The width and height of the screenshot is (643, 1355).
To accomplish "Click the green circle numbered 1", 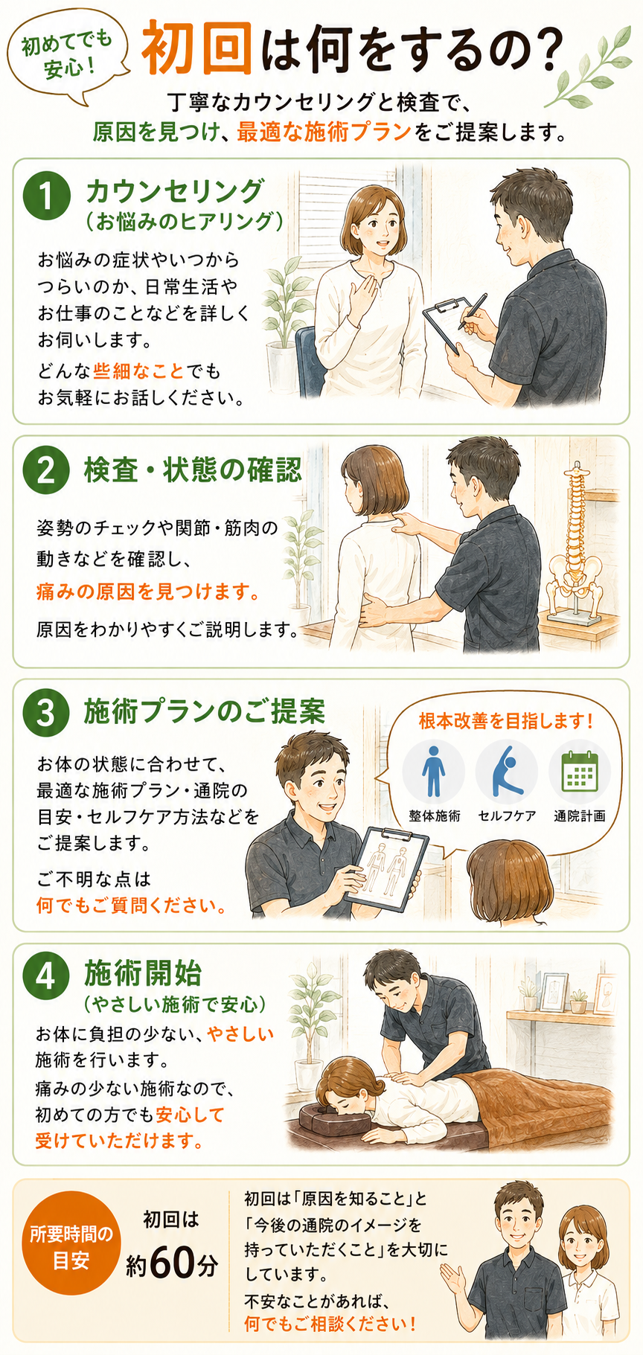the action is point(46,197).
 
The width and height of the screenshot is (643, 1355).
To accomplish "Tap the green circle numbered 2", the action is point(46,471).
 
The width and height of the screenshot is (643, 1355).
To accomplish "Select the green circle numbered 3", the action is point(46,712).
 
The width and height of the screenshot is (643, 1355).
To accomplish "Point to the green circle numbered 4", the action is point(46,976).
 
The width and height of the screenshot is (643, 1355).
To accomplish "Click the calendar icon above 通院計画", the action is point(580,771).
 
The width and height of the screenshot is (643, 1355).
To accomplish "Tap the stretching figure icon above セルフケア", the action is point(507,771).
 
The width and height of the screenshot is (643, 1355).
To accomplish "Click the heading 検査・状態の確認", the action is point(193,470).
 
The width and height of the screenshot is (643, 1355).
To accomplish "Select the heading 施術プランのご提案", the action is point(205,712).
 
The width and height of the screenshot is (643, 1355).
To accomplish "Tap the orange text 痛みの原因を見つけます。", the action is point(149,592).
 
